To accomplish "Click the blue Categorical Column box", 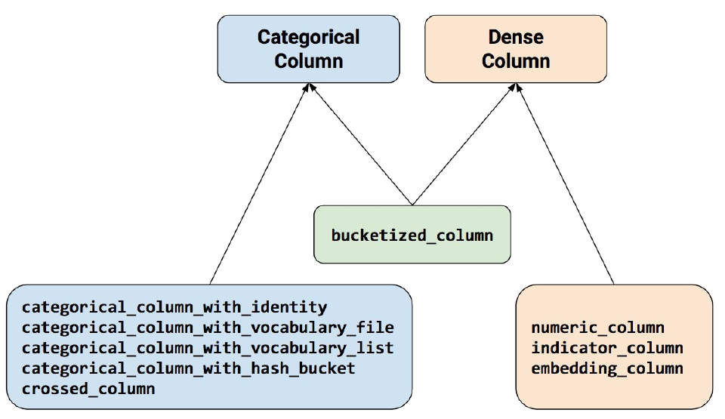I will (308, 48).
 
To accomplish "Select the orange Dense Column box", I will (516, 48).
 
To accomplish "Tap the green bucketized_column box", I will (412, 235).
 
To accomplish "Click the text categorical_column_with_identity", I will (174, 307).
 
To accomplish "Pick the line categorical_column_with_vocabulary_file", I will (208, 328).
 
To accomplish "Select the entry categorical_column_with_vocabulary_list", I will (208, 348).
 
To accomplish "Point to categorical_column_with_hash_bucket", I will (188, 368).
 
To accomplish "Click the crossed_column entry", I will (88, 389).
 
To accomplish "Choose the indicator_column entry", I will (606, 348).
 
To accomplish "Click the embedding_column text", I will (606, 368).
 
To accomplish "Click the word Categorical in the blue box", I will (308, 37).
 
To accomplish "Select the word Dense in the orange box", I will (516, 37).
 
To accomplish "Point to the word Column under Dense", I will (516, 60).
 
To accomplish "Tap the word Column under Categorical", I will (308, 60).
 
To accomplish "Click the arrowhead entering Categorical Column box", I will (308, 88).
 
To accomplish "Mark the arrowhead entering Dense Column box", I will (516, 88).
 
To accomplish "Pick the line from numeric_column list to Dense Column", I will (566, 189).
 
